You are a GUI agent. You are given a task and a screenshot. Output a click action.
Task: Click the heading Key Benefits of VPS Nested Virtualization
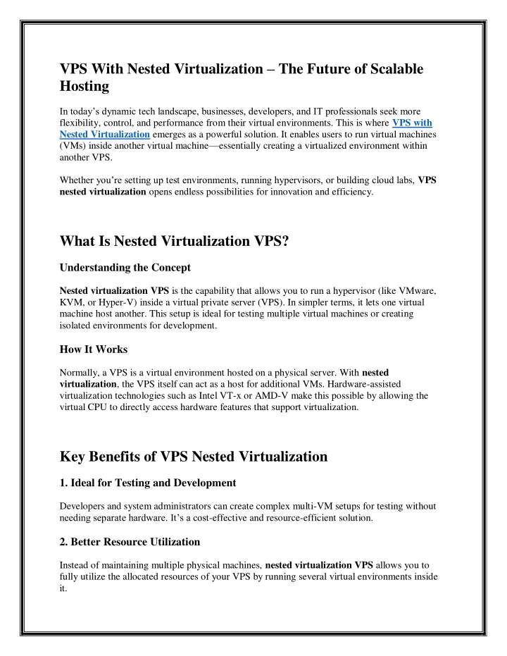click(x=194, y=457)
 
